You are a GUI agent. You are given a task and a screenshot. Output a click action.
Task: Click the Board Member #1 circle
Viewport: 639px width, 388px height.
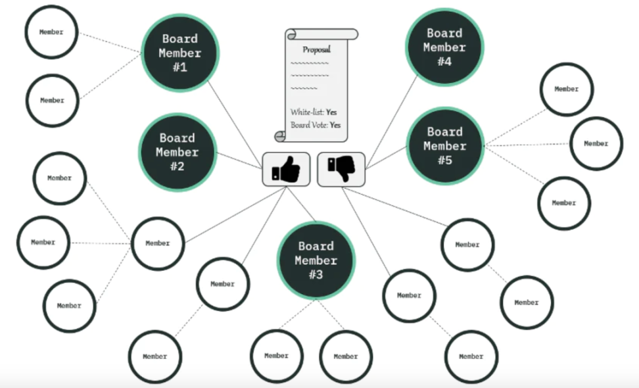click(179, 52)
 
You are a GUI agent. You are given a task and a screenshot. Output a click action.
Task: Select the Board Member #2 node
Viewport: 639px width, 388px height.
click(177, 152)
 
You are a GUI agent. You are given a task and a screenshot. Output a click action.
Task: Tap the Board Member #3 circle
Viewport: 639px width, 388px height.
click(316, 260)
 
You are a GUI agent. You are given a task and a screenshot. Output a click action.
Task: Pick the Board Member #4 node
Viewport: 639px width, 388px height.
click(444, 47)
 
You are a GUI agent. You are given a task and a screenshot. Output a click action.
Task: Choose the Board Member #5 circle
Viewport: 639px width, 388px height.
click(445, 145)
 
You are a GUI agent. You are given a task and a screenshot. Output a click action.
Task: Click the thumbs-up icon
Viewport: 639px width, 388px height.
click(286, 170)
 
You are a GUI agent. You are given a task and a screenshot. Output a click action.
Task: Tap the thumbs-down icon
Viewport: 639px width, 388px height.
click(341, 169)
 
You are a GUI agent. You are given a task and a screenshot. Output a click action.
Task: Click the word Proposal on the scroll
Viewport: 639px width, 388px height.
click(316, 49)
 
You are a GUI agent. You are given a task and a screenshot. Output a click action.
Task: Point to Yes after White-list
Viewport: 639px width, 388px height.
click(331, 112)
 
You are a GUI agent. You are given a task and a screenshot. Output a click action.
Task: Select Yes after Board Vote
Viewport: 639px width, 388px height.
click(335, 125)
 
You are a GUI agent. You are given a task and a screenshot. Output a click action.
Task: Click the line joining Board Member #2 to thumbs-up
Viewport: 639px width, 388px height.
click(239, 160)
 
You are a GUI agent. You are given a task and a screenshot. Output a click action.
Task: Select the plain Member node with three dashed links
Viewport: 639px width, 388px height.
click(158, 243)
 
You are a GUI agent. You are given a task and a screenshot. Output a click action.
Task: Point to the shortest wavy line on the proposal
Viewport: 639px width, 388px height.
click(303, 88)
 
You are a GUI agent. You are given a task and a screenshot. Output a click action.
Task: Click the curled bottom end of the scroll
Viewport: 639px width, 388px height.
click(281, 135)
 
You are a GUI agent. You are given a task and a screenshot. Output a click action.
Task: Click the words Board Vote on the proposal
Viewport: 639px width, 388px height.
click(308, 125)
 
